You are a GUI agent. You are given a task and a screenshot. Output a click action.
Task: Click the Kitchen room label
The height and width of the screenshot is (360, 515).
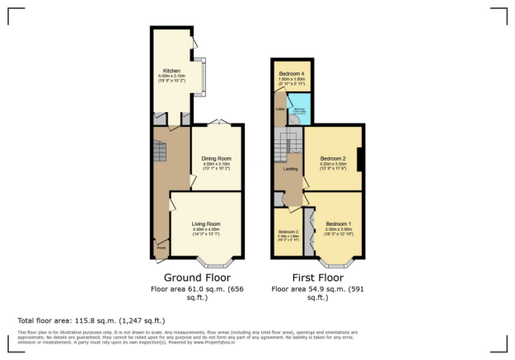pos(171,71)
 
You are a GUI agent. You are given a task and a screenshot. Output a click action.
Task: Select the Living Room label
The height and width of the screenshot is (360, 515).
pos(207,223)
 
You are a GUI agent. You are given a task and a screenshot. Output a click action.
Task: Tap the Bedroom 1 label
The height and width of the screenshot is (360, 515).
pos(337,224)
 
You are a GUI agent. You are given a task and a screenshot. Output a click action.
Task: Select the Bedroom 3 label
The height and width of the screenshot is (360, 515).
pos(288,232)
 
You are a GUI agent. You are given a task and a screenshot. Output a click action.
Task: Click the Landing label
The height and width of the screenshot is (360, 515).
pos(291,170)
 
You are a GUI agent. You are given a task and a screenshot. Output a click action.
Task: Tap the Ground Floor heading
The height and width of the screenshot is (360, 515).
pos(197,278)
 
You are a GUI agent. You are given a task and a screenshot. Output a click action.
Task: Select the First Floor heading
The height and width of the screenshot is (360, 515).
pos(317,278)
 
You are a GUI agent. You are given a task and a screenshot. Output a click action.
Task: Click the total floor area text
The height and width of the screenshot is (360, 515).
pos(91,320)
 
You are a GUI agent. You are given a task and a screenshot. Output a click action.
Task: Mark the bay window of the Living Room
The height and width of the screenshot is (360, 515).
pos(218,264)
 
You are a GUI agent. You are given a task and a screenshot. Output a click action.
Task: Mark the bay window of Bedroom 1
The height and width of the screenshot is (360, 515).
pos(335,264)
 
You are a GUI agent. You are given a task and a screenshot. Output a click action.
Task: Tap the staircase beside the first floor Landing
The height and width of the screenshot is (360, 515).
pos(288,146)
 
